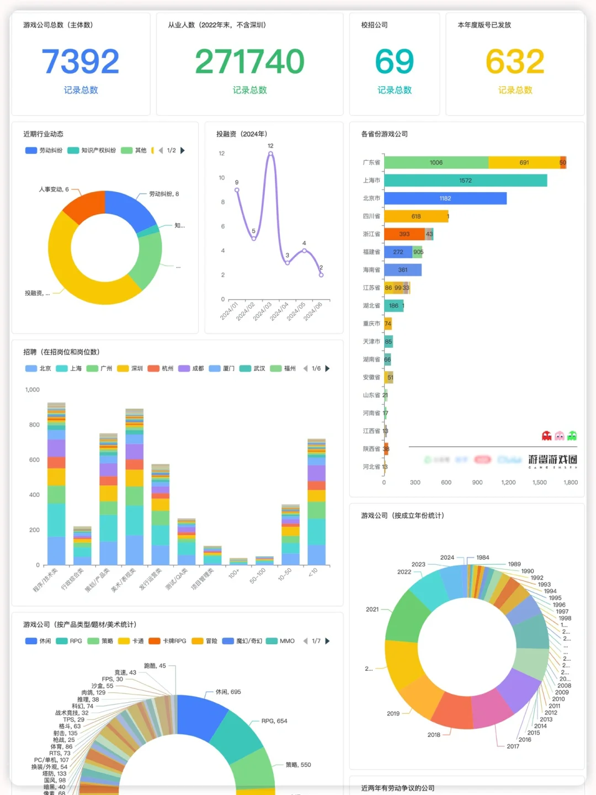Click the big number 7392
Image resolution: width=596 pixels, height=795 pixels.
(x=81, y=61)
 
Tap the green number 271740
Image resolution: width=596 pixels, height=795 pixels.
(x=249, y=61)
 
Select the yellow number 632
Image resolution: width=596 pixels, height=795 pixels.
(x=515, y=61)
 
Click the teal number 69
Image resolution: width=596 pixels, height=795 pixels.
(x=394, y=61)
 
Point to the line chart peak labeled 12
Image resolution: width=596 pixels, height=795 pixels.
(x=270, y=153)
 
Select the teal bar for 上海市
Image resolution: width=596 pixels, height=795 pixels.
(x=465, y=181)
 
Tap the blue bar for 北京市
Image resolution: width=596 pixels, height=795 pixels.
(x=445, y=198)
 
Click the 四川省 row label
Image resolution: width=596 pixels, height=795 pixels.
(x=371, y=216)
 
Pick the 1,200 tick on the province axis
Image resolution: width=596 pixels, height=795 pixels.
(x=508, y=483)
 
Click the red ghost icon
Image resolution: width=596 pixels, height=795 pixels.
(x=546, y=436)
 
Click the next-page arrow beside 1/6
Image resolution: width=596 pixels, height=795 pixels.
(x=328, y=368)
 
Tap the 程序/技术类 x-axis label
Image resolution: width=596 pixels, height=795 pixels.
(x=45, y=580)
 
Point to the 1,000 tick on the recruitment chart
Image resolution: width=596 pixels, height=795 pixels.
(x=33, y=390)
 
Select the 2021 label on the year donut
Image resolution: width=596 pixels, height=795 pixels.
(x=372, y=609)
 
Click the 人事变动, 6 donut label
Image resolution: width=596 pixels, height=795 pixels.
(x=54, y=189)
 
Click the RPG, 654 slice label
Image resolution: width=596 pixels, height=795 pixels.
(x=274, y=721)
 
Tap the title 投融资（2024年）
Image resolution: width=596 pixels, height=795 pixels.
(x=242, y=134)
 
